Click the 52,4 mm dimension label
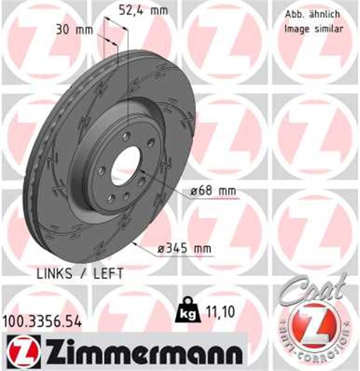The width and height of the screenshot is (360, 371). pyautogui.click(x=132, y=9)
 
